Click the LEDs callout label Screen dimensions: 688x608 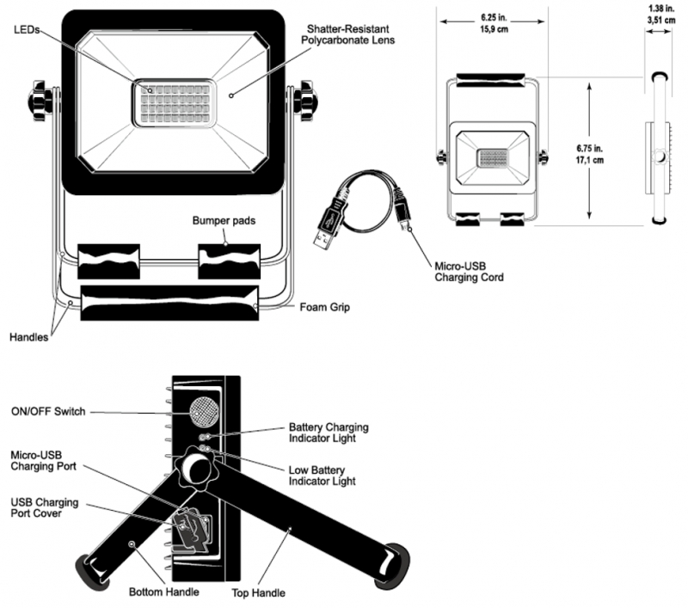click(x=27, y=30)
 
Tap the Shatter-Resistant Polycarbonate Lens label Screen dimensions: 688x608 click(x=347, y=34)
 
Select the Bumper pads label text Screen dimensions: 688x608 click(x=224, y=221)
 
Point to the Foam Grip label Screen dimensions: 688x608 click(x=325, y=307)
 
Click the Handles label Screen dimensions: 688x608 click(x=28, y=337)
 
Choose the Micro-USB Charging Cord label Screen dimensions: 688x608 click(x=469, y=272)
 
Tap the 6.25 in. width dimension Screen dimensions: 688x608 click(x=494, y=23)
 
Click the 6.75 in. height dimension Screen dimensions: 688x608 click(x=589, y=154)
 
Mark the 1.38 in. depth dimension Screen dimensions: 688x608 click(x=661, y=14)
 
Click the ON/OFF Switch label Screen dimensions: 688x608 click(x=48, y=411)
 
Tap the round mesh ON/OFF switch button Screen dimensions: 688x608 click(x=204, y=411)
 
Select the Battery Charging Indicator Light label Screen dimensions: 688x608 click(x=329, y=433)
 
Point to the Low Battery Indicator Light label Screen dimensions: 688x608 click(x=322, y=476)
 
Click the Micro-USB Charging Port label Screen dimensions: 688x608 click(x=44, y=461)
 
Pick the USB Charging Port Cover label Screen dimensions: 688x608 click(x=45, y=507)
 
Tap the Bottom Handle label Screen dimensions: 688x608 click(x=163, y=593)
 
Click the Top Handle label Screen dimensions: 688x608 click(x=259, y=593)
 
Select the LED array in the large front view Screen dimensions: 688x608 click(x=175, y=103)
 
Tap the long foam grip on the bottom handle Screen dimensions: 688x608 click(x=169, y=303)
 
